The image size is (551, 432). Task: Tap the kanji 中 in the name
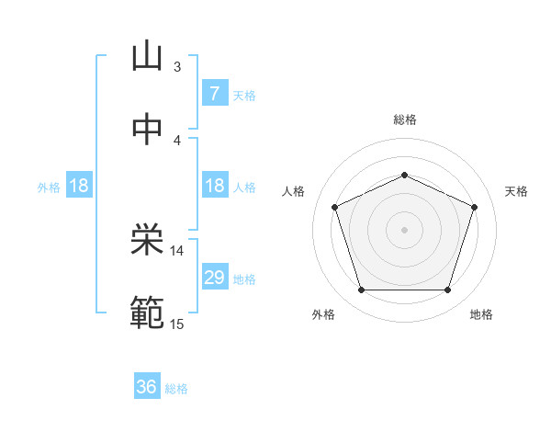click(147, 130)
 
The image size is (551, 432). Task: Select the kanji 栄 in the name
click(147, 241)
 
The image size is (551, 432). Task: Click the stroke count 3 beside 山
click(177, 66)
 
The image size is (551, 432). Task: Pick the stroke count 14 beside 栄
click(177, 250)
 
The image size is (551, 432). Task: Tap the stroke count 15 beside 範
click(177, 323)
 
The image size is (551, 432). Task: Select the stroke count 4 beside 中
click(177, 140)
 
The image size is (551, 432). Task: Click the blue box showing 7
click(214, 94)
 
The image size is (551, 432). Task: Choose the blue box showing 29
click(214, 278)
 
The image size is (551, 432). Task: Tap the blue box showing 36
click(147, 387)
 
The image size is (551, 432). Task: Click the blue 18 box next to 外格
click(79, 186)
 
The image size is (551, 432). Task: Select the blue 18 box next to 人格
click(214, 186)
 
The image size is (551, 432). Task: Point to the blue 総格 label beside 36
click(176, 388)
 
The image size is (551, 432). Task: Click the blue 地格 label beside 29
click(244, 279)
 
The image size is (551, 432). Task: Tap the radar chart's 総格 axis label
click(404, 119)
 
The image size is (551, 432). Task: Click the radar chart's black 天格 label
click(516, 191)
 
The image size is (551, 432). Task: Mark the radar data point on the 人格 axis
click(335, 207)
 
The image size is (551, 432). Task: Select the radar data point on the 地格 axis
click(447, 290)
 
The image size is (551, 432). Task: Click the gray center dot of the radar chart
click(404, 229)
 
